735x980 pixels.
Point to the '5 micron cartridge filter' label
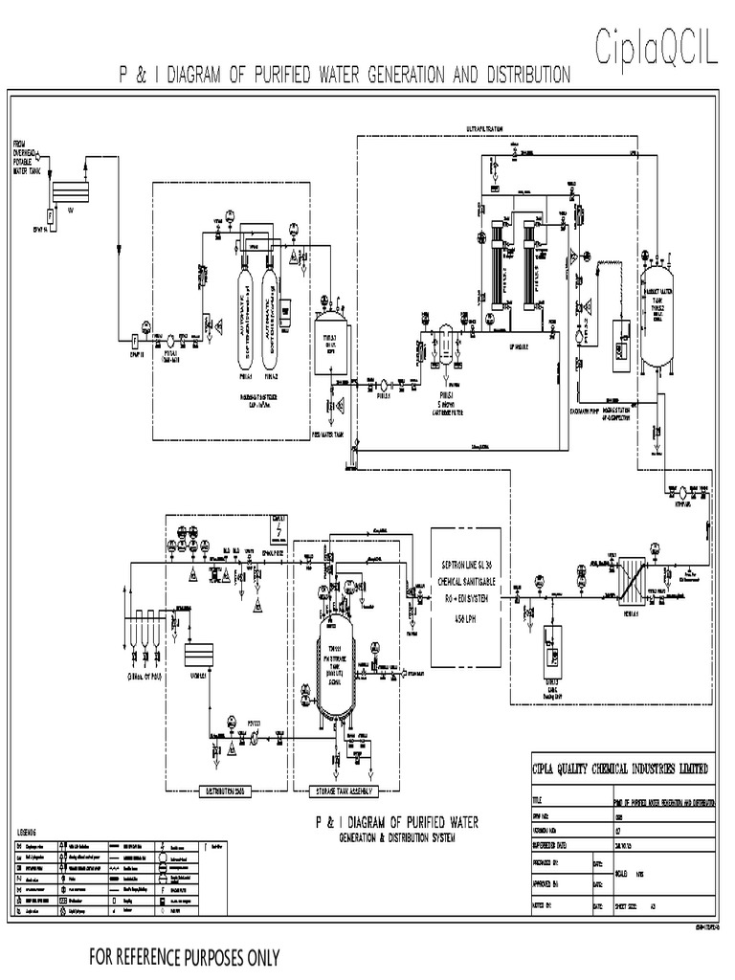click(x=446, y=400)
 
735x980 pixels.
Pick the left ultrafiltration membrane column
click(x=497, y=262)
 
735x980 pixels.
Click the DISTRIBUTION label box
click(x=221, y=791)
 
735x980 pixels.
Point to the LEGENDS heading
click(x=33, y=832)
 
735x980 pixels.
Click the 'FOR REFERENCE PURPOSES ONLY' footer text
click(x=185, y=956)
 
